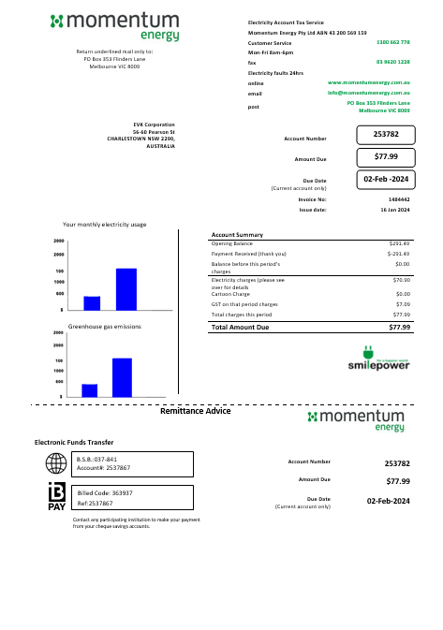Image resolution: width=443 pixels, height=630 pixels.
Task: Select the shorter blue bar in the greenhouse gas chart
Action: (x=90, y=390)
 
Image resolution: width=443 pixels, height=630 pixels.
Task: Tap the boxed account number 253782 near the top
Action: (x=386, y=135)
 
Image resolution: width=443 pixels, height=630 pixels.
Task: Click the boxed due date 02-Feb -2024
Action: (x=386, y=179)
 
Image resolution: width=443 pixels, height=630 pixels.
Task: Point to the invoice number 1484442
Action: (x=398, y=199)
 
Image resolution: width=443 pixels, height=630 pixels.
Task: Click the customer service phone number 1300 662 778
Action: (x=392, y=43)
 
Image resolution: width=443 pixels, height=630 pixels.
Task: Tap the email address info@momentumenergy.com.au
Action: (x=369, y=94)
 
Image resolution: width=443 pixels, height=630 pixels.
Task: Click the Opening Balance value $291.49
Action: (x=400, y=243)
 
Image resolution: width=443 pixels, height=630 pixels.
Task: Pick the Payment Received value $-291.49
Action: (x=399, y=254)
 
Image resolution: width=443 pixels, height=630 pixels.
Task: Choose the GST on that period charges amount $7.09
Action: (x=403, y=304)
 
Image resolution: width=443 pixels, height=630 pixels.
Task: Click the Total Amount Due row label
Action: (x=241, y=328)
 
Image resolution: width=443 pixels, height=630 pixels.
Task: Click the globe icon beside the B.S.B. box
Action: (x=57, y=464)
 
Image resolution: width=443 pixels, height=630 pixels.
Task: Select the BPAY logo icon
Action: (x=57, y=497)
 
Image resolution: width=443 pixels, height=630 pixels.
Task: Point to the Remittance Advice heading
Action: (x=196, y=411)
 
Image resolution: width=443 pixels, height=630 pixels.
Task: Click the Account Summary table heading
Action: (x=237, y=234)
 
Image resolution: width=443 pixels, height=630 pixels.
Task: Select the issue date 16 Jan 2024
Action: (x=394, y=210)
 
